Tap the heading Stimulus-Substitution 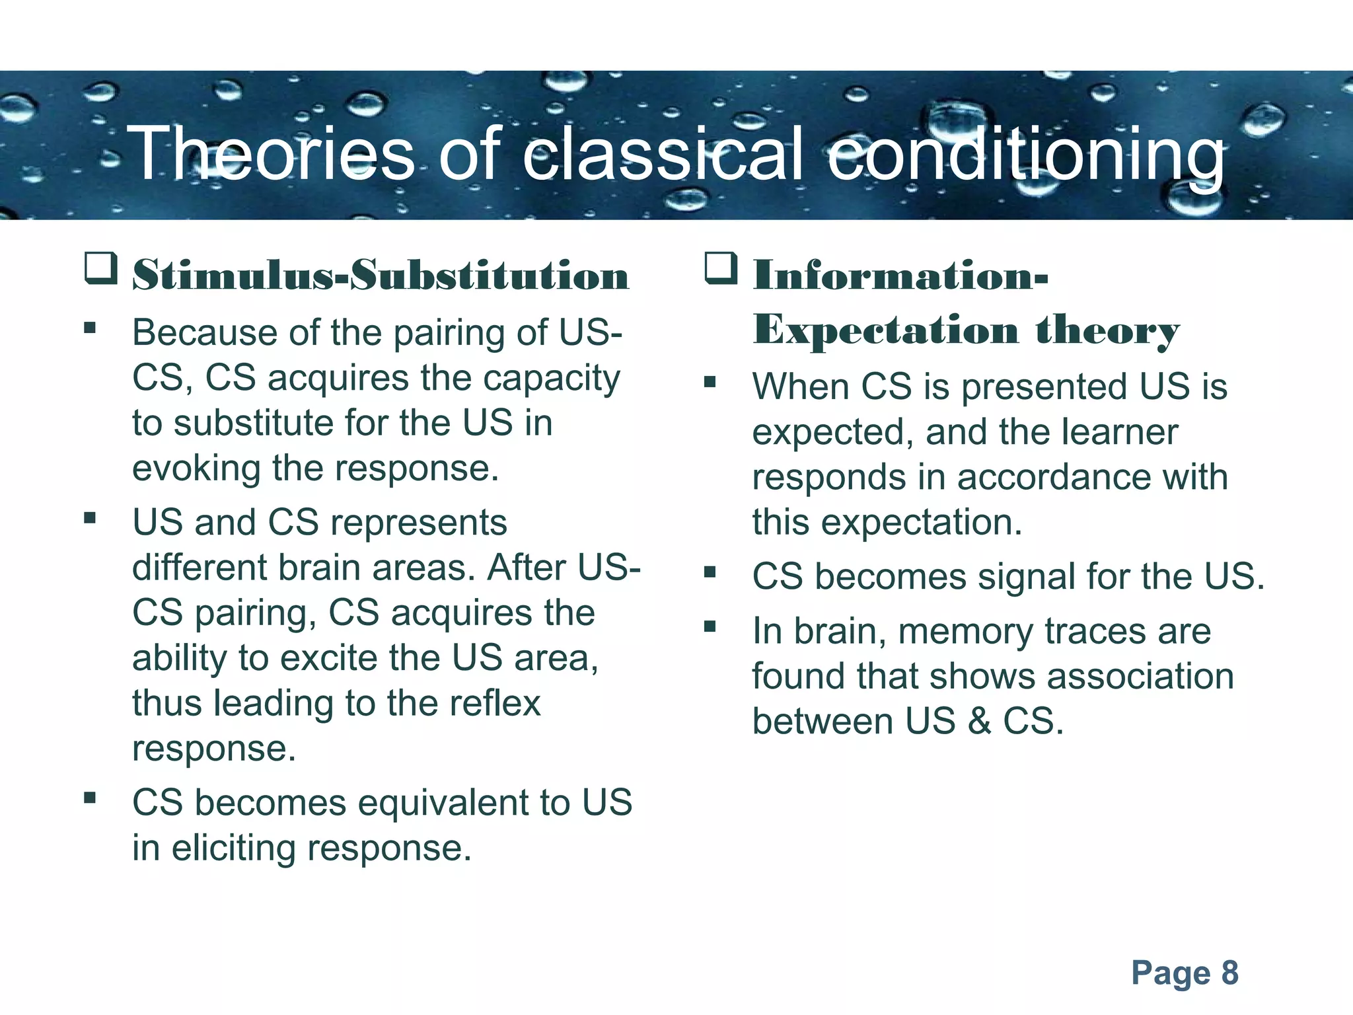pyautogui.click(x=381, y=275)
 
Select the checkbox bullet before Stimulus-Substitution pyautogui.click(x=101, y=269)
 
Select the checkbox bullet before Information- pyautogui.click(x=721, y=269)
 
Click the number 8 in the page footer pyautogui.click(x=1229, y=973)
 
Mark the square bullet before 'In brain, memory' pyautogui.click(x=710, y=626)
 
